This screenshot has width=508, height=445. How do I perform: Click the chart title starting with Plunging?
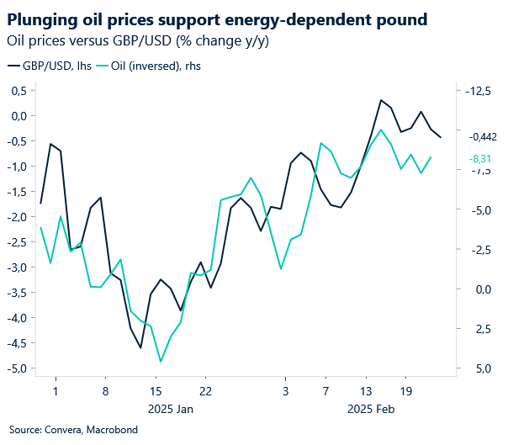(x=216, y=19)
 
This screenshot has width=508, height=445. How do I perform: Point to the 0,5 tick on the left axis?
(x=18, y=91)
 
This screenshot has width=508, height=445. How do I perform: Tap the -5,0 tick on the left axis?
(x=16, y=368)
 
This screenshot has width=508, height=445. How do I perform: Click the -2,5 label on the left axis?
(x=16, y=242)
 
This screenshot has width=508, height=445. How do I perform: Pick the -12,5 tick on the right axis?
(x=479, y=91)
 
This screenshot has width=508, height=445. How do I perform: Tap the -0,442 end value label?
(x=484, y=136)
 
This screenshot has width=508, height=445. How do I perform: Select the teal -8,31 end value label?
(x=480, y=157)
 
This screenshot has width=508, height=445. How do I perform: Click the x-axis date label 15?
(x=156, y=391)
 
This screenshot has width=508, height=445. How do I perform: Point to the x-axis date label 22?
(x=205, y=391)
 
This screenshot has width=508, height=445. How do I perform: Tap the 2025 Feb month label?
(x=372, y=409)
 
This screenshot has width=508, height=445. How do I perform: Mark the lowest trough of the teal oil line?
(x=161, y=362)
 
